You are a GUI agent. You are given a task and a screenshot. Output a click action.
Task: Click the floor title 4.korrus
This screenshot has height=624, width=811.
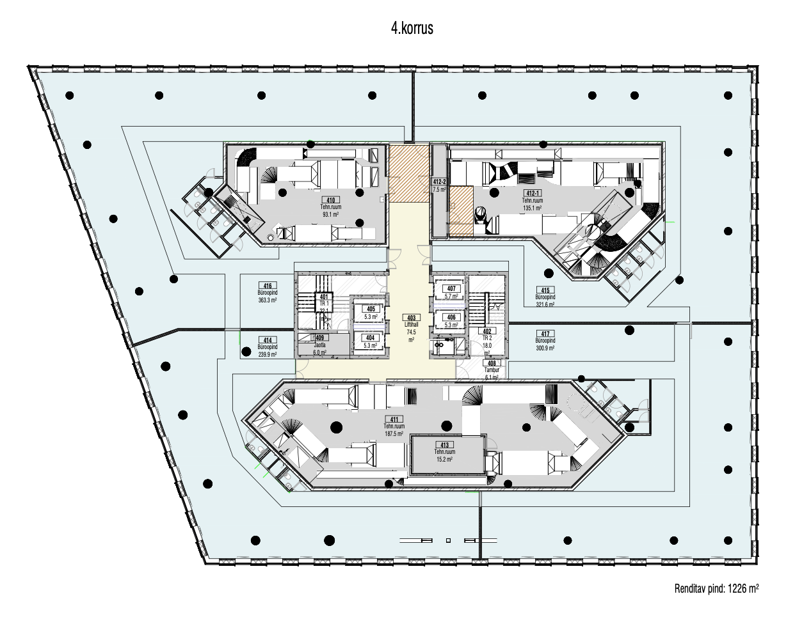412,28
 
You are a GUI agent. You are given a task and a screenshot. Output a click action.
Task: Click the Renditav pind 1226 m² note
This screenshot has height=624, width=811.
716,589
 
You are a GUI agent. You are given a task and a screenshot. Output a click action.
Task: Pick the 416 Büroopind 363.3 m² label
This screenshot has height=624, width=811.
267,293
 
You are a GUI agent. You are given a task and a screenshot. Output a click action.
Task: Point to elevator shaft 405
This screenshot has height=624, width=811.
371,311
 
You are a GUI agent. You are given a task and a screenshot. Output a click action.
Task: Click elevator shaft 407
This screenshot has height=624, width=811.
451,292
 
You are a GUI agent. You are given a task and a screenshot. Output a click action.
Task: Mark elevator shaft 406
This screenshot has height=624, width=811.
451,320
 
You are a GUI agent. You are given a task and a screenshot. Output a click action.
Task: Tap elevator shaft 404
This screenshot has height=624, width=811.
370,341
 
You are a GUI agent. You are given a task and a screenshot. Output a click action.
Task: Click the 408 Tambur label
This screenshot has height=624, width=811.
492,370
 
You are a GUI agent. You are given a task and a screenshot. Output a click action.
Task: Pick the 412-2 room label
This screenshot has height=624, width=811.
439,185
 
